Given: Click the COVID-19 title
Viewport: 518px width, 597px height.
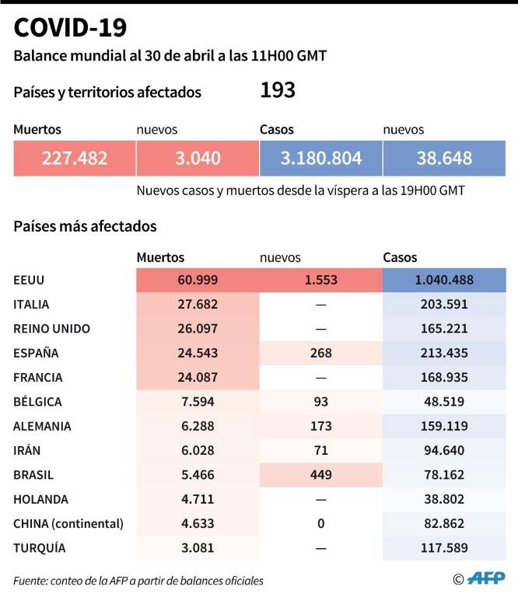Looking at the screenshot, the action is click(x=70, y=28).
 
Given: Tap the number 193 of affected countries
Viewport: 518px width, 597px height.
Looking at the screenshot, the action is click(x=278, y=90).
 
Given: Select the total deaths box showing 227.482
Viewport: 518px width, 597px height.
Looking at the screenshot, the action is click(x=75, y=159).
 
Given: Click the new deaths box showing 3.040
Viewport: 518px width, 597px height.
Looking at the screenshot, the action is click(x=198, y=159).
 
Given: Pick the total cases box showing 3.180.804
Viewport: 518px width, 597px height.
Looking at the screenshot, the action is click(x=321, y=159).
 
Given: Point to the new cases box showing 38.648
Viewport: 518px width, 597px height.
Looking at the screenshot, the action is click(x=444, y=159).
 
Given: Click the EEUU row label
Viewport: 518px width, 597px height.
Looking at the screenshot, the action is click(x=29, y=280).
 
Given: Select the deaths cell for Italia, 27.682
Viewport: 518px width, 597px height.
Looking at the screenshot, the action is click(x=198, y=305).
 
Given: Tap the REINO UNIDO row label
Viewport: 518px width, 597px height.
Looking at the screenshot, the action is click(x=52, y=329).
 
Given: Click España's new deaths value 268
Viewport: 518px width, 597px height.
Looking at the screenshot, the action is click(x=321, y=354).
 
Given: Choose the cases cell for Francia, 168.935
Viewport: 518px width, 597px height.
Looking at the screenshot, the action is click(x=444, y=378).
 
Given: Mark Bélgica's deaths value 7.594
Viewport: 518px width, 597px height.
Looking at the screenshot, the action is click(x=198, y=402).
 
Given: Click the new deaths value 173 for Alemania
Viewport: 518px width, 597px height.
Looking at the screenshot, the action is click(x=321, y=427).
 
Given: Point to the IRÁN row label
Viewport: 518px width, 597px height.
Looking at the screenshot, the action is click(x=26, y=451).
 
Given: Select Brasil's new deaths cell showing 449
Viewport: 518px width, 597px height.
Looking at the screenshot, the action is click(x=321, y=475).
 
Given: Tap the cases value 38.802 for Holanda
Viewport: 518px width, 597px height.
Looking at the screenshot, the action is click(x=444, y=500).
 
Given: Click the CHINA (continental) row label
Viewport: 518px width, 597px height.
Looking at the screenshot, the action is click(x=68, y=524).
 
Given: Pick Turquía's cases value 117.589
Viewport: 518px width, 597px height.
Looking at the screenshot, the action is click(x=444, y=548).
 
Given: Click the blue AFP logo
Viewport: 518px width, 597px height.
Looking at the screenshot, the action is click(x=486, y=578).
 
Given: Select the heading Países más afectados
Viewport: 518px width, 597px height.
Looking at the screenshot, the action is click(x=85, y=226).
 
